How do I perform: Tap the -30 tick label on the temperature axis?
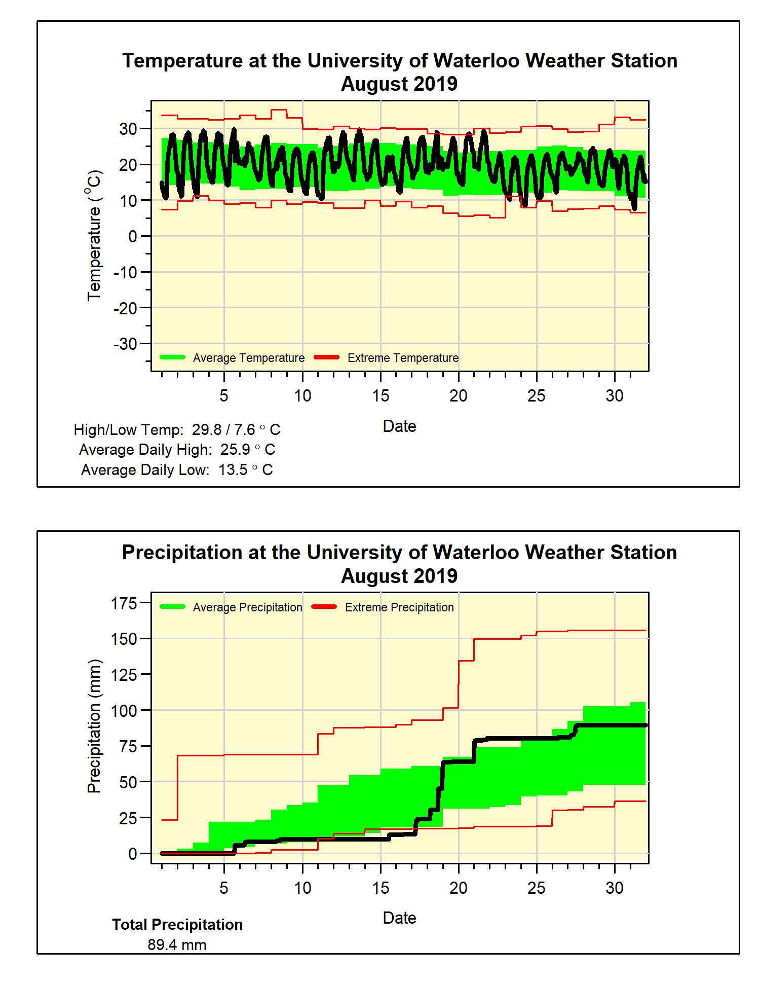click(x=125, y=344)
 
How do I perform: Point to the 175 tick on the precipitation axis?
click(x=124, y=603)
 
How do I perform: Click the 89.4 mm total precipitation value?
click(x=177, y=945)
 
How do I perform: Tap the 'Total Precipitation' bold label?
click(x=177, y=925)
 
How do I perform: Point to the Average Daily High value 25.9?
click(x=235, y=450)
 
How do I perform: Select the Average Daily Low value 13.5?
click(x=233, y=470)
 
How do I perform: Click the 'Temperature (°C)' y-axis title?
click(x=94, y=236)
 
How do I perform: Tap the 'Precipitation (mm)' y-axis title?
click(x=94, y=726)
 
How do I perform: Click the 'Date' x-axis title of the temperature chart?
click(x=399, y=426)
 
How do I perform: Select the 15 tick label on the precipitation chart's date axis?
click(x=381, y=888)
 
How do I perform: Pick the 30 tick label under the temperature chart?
click(x=614, y=396)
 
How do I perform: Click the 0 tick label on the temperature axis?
click(x=132, y=236)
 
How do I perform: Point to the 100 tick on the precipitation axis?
click(x=124, y=711)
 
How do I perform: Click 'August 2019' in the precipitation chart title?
click(x=399, y=576)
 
